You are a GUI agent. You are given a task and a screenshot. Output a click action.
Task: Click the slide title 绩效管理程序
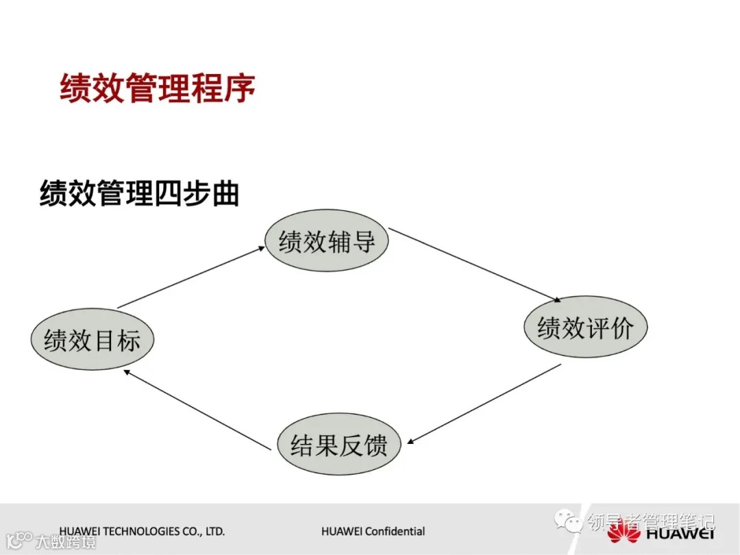[158, 89]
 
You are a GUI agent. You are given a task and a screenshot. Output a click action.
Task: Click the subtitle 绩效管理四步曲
[140, 194]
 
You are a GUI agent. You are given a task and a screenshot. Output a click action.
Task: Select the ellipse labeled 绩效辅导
[327, 241]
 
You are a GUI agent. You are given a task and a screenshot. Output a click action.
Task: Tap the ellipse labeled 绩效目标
[92, 340]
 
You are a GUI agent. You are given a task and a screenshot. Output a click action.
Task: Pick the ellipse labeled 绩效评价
[585, 328]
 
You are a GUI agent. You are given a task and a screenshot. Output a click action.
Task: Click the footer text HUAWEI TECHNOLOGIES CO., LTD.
[142, 531]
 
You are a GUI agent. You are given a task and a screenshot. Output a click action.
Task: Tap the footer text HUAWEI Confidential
[373, 531]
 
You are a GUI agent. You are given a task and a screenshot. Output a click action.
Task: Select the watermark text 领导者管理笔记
[650, 522]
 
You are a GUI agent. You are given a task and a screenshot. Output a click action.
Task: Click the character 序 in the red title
[238, 89]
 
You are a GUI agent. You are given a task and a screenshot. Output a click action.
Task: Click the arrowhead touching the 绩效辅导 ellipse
[261, 249]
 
